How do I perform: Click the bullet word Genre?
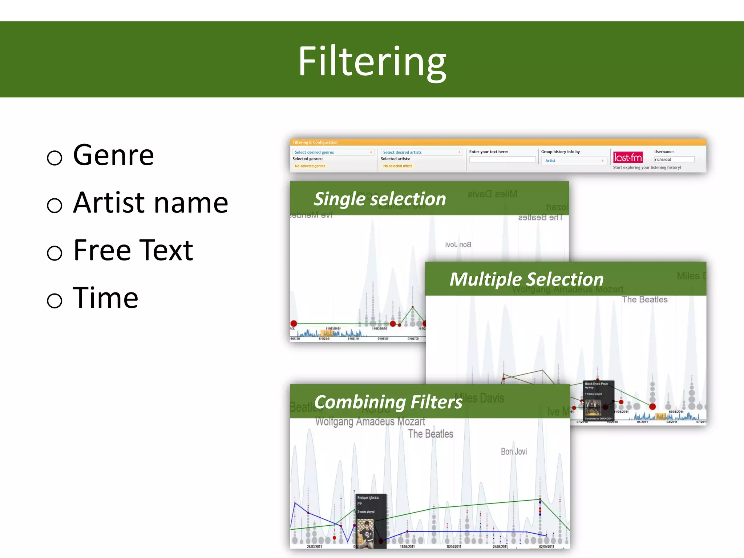pos(113,155)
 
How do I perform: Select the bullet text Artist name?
pos(150,203)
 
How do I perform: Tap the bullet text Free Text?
pos(133,250)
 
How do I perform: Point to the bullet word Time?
pos(105,298)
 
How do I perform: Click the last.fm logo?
pos(628,157)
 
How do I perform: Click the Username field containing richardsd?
pos(674,159)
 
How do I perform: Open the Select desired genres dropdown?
pos(333,152)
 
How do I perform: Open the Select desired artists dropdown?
pos(421,152)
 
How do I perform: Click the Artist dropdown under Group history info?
pos(574,161)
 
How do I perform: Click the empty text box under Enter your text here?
pos(502,159)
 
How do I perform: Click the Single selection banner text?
pos(380,199)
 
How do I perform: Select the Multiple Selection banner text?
pos(526,279)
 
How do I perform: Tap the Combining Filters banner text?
pos(388,402)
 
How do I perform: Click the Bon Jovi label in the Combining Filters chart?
pos(514,452)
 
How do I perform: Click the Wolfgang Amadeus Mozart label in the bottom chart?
pos(370,422)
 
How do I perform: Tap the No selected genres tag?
pos(310,166)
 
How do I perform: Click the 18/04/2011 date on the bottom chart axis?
pos(453,547)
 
